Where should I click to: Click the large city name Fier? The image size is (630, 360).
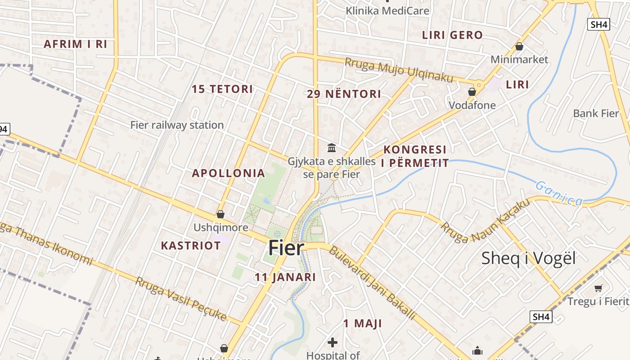[286, 248]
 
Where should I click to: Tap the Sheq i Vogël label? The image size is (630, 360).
[528, 259]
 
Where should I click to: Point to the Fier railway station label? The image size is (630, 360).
[177, 125]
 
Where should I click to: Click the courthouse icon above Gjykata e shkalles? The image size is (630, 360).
[332, 148]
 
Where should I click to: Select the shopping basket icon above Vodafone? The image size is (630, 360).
[472, 92]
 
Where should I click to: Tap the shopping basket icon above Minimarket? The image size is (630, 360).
[519, 46]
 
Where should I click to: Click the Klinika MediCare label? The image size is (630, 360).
[387, 10]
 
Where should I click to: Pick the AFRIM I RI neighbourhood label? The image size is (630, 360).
[75, 44]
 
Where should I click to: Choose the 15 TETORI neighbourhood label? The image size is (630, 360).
[222, 89]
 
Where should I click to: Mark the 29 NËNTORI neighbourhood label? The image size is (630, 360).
[344, 94]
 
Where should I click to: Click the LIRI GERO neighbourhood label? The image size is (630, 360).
[452, 35]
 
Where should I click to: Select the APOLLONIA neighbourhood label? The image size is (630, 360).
[228, 173]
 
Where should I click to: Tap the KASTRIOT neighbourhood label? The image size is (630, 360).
[191, 246]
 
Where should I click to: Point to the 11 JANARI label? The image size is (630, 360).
[285, 277]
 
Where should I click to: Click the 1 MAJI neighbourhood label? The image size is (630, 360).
[362, 323]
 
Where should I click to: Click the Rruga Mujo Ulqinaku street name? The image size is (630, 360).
[399, 70]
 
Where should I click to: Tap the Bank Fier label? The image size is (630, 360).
[596, 113]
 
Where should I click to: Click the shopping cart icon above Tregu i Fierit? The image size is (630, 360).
[598, 288]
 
